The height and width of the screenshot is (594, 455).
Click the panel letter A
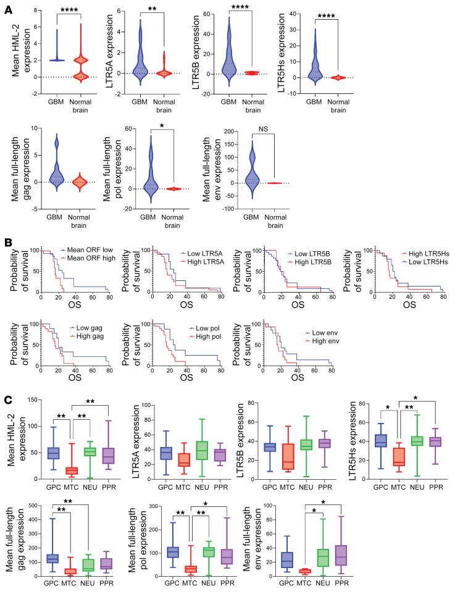click(7, 7)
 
